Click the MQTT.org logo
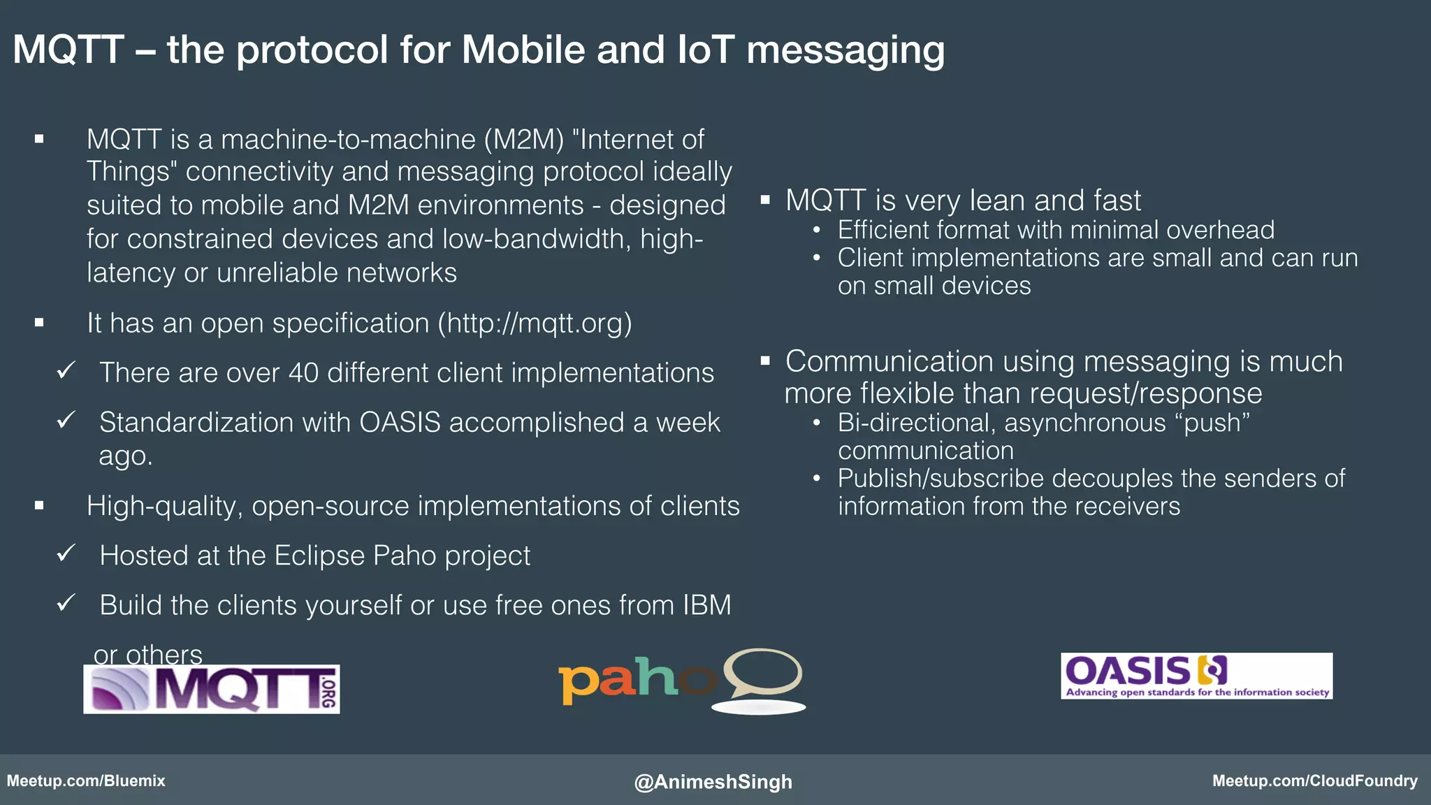212,689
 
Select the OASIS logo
1196,676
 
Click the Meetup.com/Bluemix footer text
86,781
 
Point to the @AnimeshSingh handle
713,781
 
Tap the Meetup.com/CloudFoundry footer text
1314,781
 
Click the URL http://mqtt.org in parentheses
535,324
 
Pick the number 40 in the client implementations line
303,373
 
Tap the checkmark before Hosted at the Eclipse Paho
66,554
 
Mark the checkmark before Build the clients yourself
66,603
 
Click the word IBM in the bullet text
707,605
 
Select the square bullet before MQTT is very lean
765,201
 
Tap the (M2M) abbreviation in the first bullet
524,140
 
